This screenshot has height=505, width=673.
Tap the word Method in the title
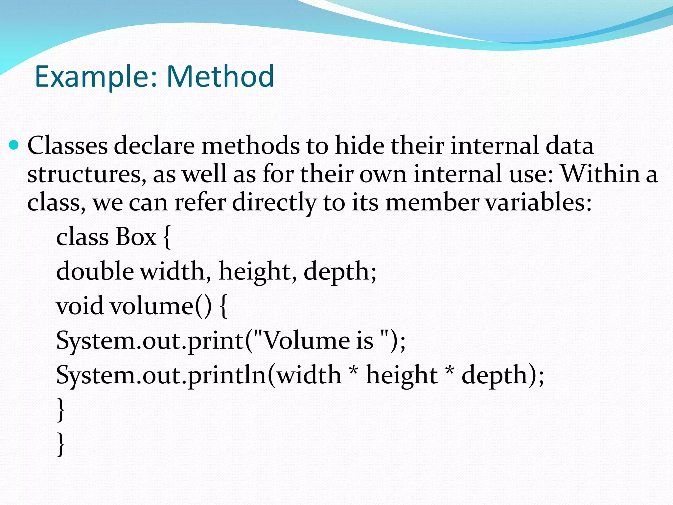click(x=220, y=76)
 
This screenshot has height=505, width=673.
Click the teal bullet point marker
click(x=14, y=145)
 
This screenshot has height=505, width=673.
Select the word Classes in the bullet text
click(x=67, y=145)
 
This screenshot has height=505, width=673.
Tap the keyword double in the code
click(x=95, y=272)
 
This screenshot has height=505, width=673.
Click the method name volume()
click(x=161, y=306)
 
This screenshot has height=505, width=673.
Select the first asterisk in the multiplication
click(x=354, y=372)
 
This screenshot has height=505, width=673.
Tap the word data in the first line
click(x=569, y=145)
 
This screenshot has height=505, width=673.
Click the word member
click(x=432, y=203)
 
